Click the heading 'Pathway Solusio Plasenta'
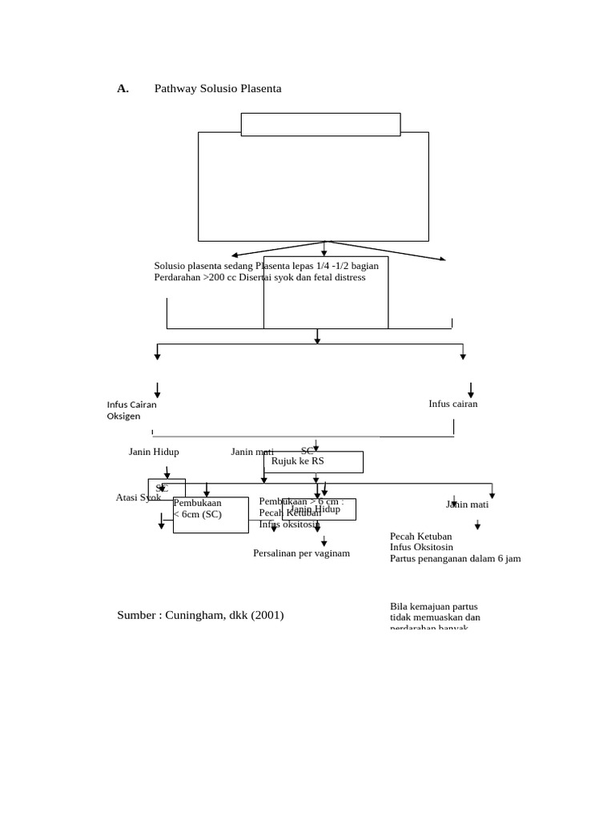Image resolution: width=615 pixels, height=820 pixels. [x=218, y=89]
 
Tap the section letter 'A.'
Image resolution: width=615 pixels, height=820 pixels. [x=123, y=89]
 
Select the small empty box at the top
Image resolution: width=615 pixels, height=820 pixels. [x=320, y=124]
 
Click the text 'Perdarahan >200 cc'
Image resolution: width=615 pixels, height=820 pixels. [x=190, y=278]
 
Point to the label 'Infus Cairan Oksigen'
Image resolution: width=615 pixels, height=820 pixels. [x=131, y=410]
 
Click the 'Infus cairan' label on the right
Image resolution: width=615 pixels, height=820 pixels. [x=452, y=404]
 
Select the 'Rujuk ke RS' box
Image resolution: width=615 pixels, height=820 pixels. [x=313, y=462]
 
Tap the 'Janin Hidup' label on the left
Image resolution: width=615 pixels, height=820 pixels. [x=154, y=452]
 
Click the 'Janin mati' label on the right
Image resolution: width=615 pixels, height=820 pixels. [x=467, y=504]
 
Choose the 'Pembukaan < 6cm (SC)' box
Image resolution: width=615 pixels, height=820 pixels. [x=211, y=515]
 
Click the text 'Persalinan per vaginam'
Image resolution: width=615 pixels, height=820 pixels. [x=301, y=553]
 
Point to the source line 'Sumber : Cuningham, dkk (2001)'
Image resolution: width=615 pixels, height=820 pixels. [x=200, y=615]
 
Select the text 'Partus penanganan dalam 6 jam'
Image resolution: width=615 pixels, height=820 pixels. [x=455, y=558]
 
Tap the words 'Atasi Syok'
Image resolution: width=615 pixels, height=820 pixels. [x=138, y=497]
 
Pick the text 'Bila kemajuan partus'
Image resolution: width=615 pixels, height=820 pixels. [x=433, y=606]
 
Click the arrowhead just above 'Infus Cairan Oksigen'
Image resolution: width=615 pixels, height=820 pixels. [x=157, y=394]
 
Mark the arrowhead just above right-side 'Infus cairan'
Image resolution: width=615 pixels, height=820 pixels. [x=470, y=394]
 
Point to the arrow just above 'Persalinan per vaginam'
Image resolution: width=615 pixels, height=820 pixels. [x=324, y=543]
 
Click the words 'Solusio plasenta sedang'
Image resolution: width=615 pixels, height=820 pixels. [x=203, y=266]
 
